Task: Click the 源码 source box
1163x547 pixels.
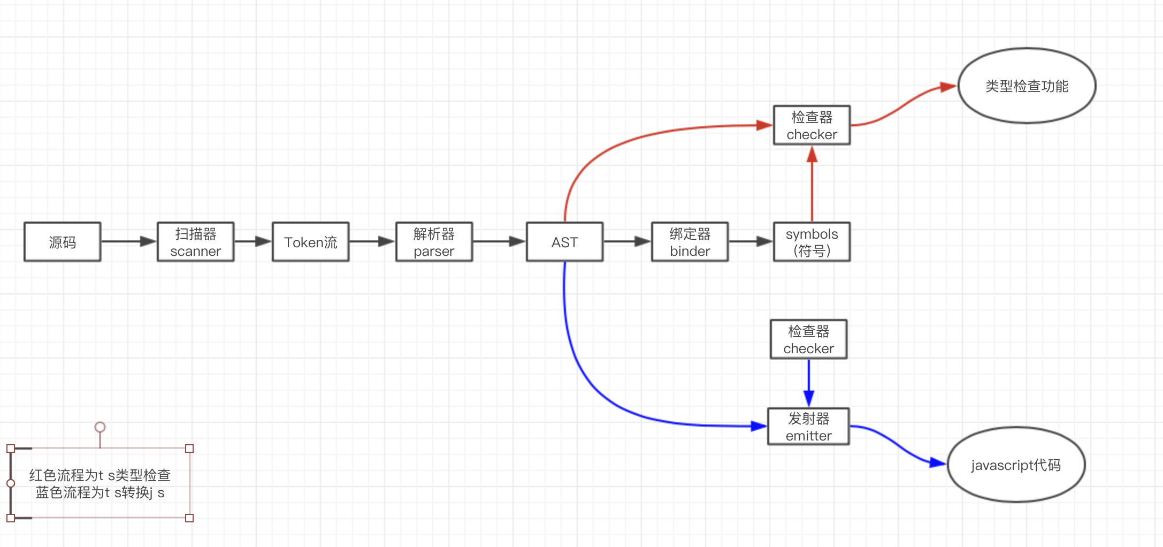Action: coord(63,242)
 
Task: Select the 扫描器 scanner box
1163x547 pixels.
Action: coord(196,242)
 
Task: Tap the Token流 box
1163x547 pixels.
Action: coord(311,242)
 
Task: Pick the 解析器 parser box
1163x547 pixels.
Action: coord(434,242)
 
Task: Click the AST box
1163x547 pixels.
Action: coord(565,242)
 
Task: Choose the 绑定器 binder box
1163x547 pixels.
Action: coord(690,242)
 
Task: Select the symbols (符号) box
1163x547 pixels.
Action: coord(812,242)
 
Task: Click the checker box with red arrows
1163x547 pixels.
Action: coord(812,125)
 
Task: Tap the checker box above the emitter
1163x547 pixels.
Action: coord(809,339)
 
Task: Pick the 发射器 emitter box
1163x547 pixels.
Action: coord(809,427)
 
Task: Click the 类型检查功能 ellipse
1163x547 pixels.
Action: coord(1027,86)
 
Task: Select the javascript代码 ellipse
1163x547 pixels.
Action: coord(1016,465)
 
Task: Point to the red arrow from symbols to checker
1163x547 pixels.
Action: coord(812,184)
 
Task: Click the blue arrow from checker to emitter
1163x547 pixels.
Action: coord(809,383)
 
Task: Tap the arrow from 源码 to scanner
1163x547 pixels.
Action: coord(129,242)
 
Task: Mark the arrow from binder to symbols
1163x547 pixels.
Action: coord(751,242)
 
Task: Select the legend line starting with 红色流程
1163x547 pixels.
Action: coord(100,475)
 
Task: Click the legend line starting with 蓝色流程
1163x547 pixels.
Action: coord(100,492)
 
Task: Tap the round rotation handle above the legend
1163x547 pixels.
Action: coord(100,427)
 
